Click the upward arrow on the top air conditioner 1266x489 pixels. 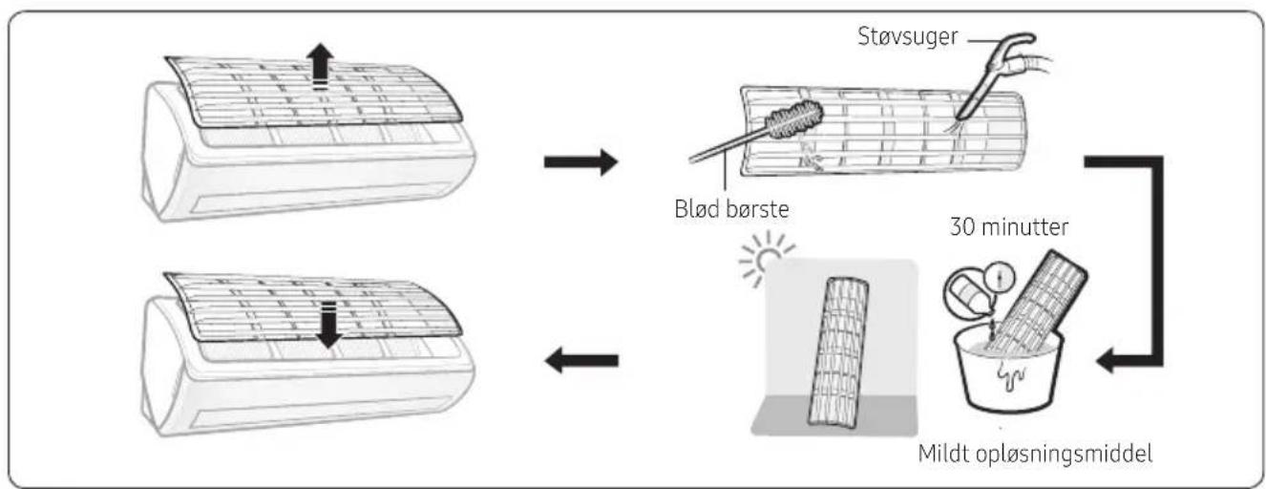(x=320, y=66)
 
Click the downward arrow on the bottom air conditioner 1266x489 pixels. (x=327, y=325)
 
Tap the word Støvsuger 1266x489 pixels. (x=908, y=36)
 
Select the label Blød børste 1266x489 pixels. (x=731, y=209)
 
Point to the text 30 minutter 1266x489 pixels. (x=1009, y=227)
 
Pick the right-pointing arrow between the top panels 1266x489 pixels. (x=580, y=162)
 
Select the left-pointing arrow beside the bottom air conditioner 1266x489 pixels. (x=581, y=360)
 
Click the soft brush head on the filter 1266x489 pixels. (x=793, y=120)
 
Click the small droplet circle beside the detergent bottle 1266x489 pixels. (x=1000, y=277)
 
